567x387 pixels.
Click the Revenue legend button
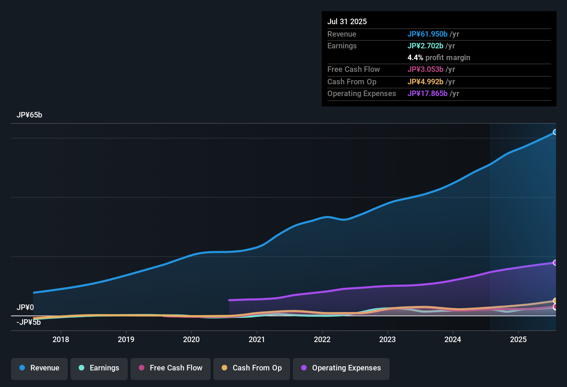pos(39,368)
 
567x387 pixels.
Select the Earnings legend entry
pos(99,368)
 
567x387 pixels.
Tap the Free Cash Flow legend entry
pos(170,368)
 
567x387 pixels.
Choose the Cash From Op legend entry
pos(251,368)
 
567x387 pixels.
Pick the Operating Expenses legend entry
pos(341,368)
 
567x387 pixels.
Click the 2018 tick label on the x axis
pos(61,340)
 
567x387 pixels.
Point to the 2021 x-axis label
pos(257,340)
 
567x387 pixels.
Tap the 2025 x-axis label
pos(518,340)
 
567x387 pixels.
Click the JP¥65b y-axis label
pos(29,115)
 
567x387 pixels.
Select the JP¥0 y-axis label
pos(25,308)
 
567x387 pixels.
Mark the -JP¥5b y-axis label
pos(29,322)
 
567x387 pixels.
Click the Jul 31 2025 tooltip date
pos(347,22)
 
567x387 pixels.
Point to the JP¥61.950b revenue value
pos(427,34)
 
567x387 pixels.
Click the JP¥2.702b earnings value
pos(425,46)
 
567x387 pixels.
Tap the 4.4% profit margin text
pos(439,58)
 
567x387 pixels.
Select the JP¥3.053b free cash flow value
pos(425,69)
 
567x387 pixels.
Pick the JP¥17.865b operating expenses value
pos(427,94)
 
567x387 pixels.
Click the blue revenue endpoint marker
pos(555,132)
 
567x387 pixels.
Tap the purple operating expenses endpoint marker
pos(555,263)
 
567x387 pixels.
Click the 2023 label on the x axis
pos(387,340)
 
